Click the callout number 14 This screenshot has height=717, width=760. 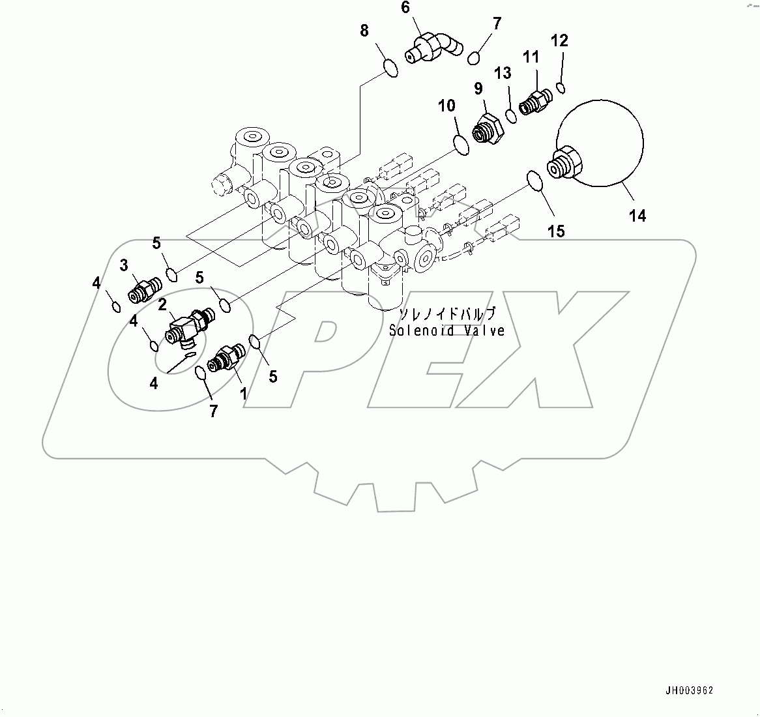(637, 215)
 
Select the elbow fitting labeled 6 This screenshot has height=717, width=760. (432, 50)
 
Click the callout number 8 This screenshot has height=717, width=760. (364, 30)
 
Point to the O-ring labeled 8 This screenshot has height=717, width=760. (389, 68)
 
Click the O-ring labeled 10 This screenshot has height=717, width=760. (460, 145)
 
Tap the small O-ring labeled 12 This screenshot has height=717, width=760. (561, 87)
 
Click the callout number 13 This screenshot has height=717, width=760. (503, 74)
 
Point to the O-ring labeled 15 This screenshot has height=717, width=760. (534, 181)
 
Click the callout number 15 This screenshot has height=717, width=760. (556, 231)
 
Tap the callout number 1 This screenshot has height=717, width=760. (243, 393)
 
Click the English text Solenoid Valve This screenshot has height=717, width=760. (446, 330)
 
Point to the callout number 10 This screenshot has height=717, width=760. (446, 106)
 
